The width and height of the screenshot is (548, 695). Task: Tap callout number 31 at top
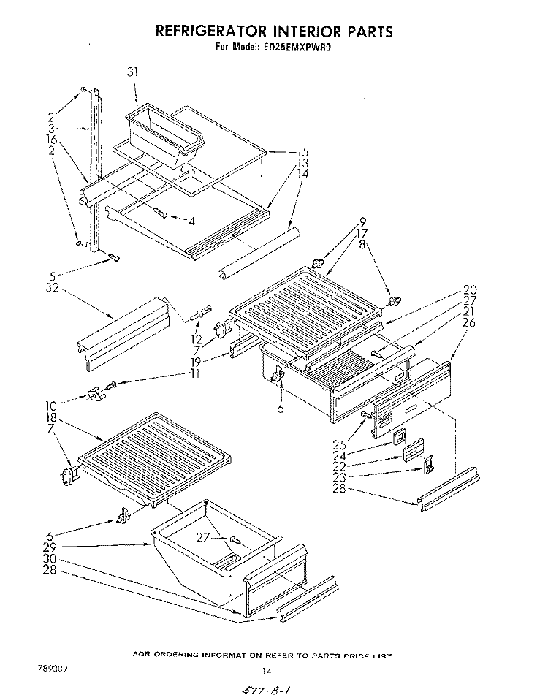point(132,72)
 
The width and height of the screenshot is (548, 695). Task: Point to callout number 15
point(283,152)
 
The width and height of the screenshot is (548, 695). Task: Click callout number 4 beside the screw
point(191,220)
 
